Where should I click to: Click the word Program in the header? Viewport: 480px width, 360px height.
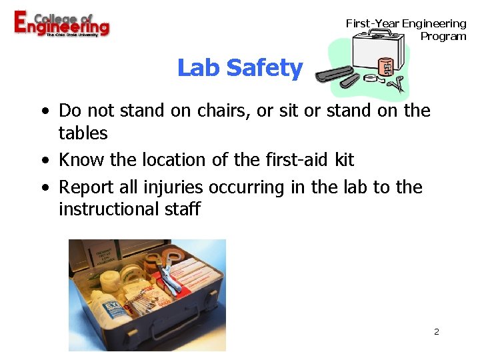pyautogui.click(x=443, y=37)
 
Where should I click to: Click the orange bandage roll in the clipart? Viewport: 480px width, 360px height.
pyautogui.click(x=385, y=67)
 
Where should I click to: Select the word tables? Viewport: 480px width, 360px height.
pyautogui.click(x=83, y=133)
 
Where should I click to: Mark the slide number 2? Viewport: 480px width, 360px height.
pyautogui.click(x=437, y=331)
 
